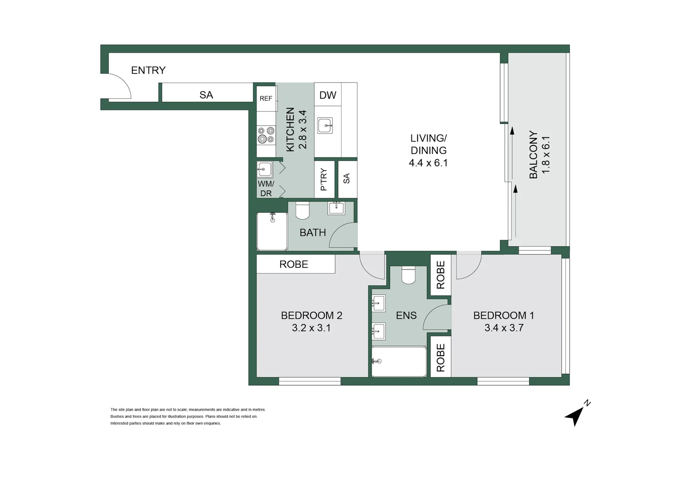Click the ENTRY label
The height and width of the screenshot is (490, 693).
148,70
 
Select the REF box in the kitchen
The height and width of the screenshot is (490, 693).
266,98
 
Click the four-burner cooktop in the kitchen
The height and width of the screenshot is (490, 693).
266,135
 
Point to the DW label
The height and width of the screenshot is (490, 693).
327,95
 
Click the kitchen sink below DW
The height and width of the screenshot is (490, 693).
325,126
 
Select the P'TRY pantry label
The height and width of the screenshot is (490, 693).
324,180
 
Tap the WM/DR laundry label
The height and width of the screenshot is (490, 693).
266,189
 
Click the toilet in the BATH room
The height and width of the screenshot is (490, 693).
302,211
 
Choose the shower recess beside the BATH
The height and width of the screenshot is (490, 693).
272,231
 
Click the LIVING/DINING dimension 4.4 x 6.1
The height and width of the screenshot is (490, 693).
428,163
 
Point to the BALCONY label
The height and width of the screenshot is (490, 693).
533,155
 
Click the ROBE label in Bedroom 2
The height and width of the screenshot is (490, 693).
293,264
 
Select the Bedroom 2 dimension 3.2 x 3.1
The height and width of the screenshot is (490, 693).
311,328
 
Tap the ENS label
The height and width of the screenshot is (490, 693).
406,316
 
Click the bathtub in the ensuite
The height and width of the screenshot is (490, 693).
399,362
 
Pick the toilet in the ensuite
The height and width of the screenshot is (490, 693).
408,275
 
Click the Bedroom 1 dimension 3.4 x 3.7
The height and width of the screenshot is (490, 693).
504,328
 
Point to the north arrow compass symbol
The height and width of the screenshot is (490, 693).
576,414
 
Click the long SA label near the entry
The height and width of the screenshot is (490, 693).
206,95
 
